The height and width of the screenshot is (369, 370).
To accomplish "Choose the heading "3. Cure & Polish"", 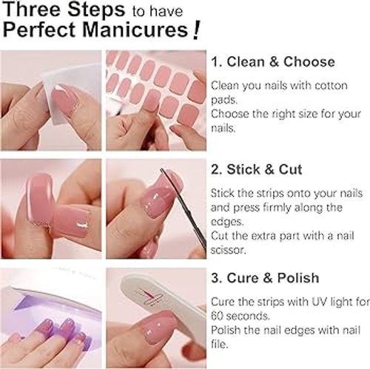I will point(265,278).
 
